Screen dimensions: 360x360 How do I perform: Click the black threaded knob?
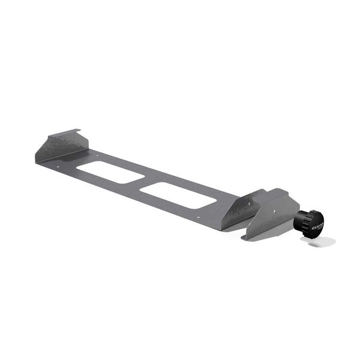(x=309, y=221)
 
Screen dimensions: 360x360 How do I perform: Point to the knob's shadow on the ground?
(x=324, y=241)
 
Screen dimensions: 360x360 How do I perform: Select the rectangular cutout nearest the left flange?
(x=110, y=172)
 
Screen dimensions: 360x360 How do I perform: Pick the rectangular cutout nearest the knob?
(x=177, y=195)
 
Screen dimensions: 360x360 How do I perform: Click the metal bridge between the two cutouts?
(x=143, y=184)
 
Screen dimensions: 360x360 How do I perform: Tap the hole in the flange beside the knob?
(x=277, y=211)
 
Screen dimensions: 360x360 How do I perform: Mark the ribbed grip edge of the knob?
(x=301, y=222)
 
